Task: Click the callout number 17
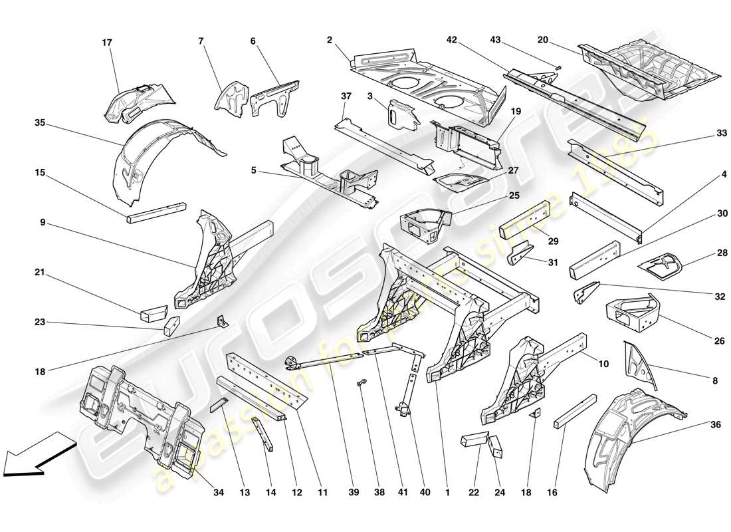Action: click(x=107, y=43)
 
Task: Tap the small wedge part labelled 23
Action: click(x=171, y=325)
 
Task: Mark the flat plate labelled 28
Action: click(x=665, y=264)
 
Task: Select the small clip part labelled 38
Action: click(x=363, y=384)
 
